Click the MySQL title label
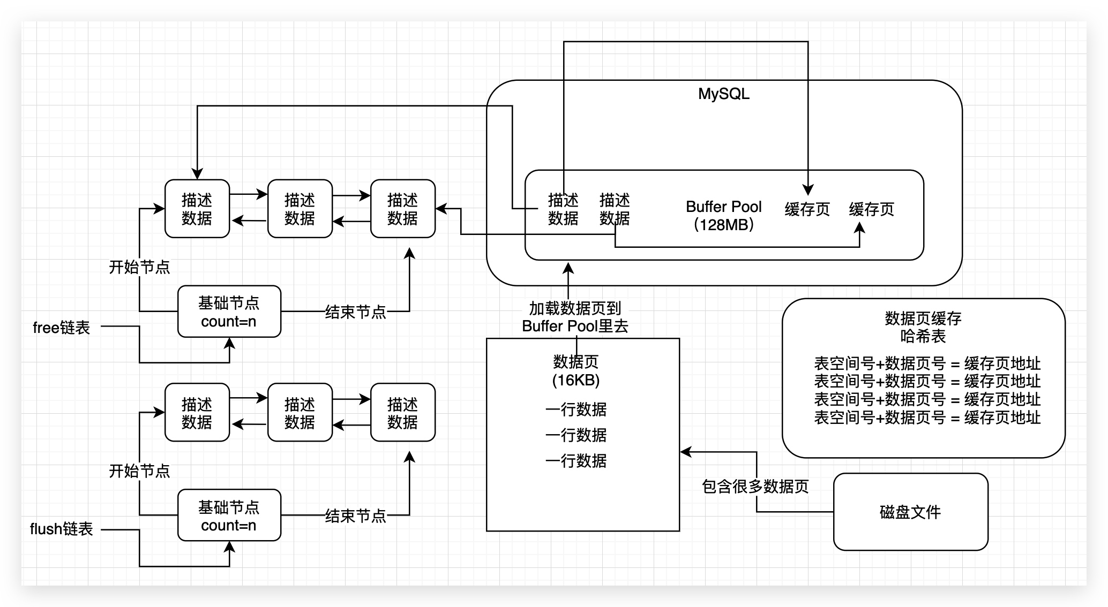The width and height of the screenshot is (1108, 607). pos(723,94)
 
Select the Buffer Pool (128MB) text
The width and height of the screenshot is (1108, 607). pos(723,215)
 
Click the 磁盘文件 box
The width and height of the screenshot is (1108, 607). pos(910,512)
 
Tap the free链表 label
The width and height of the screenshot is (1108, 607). pos(61,328)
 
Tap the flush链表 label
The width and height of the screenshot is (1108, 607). pos(61,529)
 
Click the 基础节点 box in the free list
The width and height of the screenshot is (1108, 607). pos(229,312)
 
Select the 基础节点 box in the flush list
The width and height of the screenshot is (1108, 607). pos(229,515)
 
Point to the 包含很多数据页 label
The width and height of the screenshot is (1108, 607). pos(755,487)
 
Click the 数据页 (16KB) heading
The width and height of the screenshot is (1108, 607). pos(576,371)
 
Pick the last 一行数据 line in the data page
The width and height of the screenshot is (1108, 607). pos(576,461)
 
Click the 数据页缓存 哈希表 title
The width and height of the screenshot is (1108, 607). pos(923,327)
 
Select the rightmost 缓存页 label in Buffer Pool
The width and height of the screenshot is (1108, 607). pos(871,209)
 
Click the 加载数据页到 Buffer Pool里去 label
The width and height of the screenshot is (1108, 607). pos(575,317)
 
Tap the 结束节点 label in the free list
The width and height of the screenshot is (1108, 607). pos(355,312)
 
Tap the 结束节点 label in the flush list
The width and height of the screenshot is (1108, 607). pos(355,516)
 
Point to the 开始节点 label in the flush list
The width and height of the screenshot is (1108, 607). pos(139,471)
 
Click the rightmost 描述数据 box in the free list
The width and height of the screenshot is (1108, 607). pos(402,209)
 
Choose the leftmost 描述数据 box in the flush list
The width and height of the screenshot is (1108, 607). pos(197,413)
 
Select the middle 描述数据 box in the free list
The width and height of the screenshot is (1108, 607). pos(300,209)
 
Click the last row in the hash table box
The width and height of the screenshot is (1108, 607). pos(927,418)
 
